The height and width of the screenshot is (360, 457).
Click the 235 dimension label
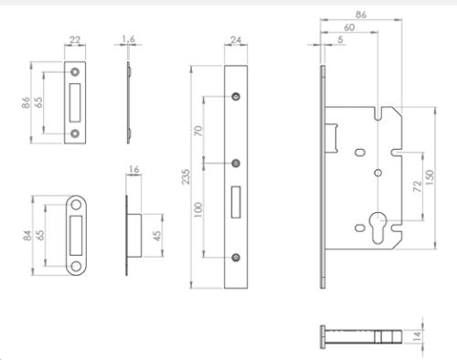point(186,176)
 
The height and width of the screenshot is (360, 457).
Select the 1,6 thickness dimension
point(128,39)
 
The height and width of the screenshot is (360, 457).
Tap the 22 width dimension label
point(75,40)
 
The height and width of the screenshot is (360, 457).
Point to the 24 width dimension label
point(236,40)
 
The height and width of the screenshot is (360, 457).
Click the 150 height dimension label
point(429,177)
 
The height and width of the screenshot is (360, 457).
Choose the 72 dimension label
point(418,186)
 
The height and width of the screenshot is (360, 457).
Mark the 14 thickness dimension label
point(418,335)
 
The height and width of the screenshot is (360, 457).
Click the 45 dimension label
point(157,236)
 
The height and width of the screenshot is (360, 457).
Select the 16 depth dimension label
point(133,169)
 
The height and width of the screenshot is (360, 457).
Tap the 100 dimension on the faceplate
point(198,209)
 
